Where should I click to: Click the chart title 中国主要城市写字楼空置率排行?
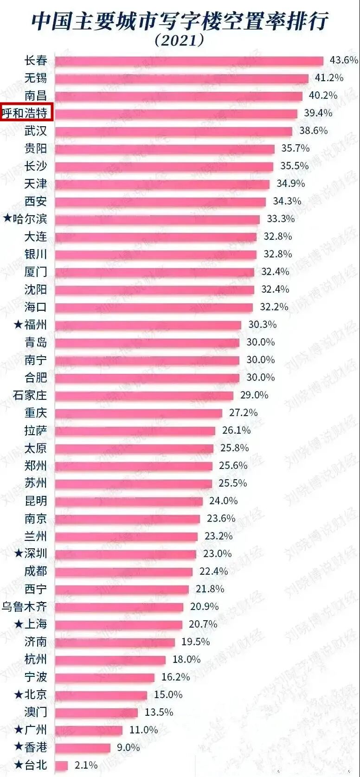pos(180,21)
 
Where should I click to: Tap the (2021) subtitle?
pos(180,41)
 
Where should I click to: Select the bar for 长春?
pos(189,61)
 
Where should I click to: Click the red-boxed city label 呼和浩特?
pos(27,113)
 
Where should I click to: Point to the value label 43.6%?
pos(344,60)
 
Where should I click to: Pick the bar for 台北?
pos(61,765)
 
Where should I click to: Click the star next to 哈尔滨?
pos(7,218)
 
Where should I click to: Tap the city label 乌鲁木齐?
pos(24,606)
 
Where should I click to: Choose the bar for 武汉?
pos(174,131)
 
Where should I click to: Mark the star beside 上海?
pos(18,624)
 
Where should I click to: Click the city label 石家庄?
pos(30,395)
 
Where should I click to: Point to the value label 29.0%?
pos(254,395)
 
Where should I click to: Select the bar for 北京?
pos(101,695)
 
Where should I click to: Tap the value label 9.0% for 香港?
pos(128,747)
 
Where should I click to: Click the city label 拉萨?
pos(36,430)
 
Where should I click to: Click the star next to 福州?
pos(18,324)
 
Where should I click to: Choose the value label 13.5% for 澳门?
pos(159,712)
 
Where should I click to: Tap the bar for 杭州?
pos(110,660)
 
